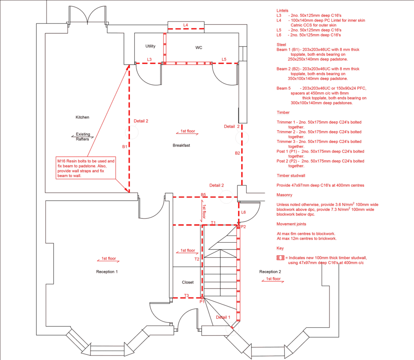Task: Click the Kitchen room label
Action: point(82,117)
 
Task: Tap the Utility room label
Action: point(150,46)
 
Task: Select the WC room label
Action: point(199,48)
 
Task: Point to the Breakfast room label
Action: point(182,145)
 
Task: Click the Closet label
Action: point(188,282)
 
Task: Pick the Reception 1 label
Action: point(107,272)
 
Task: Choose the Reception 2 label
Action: point(270,272)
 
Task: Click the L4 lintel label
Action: point(186,25)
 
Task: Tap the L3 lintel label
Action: point(149,59)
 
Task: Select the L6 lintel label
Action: point(243,212)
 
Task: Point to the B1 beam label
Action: point(125,146)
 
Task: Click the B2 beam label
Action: point(237,153)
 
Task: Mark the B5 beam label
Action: point(203,195)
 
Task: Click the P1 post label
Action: point(202,302)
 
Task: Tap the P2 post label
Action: point(243,227)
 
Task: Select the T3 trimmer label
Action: point(186,296)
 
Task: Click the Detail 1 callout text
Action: point(223,318)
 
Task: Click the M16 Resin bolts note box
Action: point(86,168)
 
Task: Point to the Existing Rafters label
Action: point(82,137)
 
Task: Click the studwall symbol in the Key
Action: point(281,258)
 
